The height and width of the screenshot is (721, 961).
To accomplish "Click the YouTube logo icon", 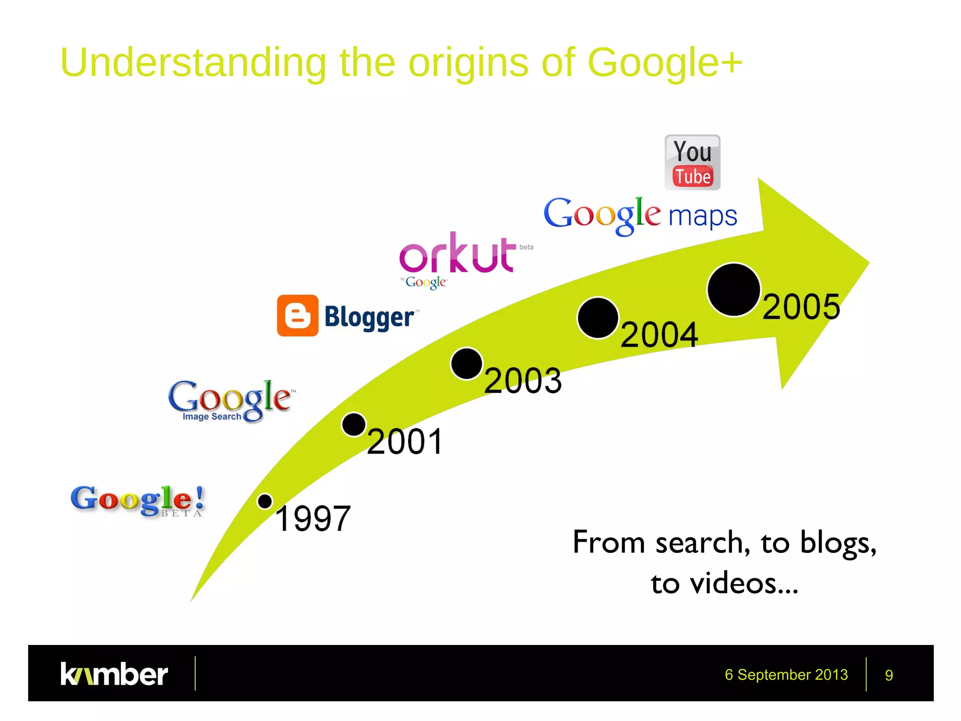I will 692,162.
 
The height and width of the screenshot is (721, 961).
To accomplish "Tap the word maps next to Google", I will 702,216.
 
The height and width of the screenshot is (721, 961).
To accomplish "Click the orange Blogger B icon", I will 297,315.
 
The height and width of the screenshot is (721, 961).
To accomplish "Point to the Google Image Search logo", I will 230,400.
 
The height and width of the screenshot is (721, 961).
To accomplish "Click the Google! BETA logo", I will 137,500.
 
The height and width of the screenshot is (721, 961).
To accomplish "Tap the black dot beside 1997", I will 265,501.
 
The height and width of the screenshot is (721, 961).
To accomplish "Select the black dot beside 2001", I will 354,425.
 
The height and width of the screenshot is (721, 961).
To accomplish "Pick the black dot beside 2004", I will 598,318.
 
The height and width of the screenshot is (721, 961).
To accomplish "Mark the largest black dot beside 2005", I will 733,290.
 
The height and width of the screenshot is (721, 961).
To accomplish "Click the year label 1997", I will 313,519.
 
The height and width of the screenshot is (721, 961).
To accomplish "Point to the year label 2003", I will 523,380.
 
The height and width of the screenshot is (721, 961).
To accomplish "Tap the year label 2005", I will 801,307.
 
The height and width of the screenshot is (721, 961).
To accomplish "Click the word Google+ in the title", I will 664,62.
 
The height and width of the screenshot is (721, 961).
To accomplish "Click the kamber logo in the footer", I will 114,674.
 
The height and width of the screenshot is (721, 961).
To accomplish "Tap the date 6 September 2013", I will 786,675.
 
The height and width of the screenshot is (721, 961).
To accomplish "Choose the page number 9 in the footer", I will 889,675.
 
